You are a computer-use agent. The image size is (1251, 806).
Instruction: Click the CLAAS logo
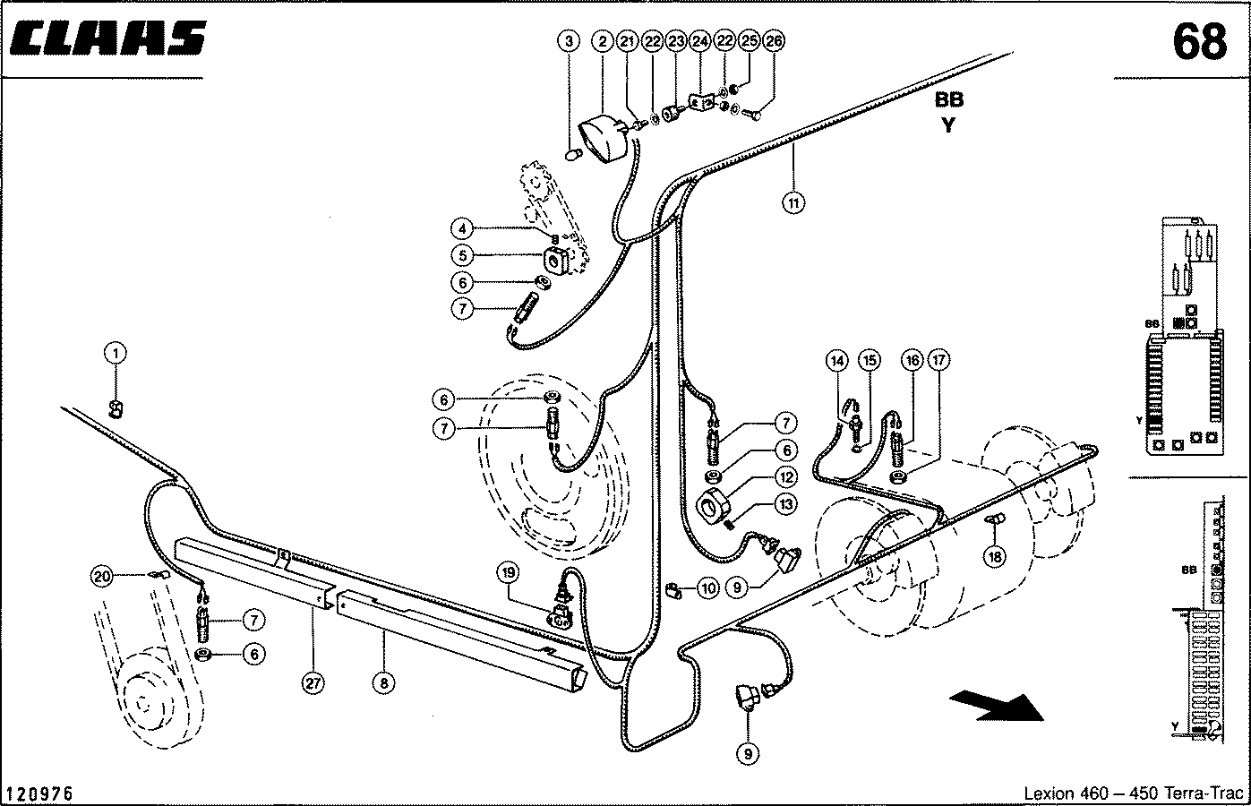tap(108, 39)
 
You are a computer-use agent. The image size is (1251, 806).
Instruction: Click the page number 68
tap(1200, 42)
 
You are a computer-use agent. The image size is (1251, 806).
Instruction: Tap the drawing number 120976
tap(39, 793)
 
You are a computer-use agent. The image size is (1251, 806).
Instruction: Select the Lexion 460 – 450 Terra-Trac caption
tap(1133, 793)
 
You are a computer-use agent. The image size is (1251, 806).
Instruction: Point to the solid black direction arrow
tap(997, 706)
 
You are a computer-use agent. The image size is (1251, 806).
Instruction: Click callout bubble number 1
tap(116, 353)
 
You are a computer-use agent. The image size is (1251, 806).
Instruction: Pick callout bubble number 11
tap(793, 202)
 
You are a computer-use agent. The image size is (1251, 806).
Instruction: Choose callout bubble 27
tap(313, 683)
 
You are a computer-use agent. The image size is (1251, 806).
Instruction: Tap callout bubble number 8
tap(383, 683)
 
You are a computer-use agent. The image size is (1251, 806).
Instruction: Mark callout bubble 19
tap(508, 572)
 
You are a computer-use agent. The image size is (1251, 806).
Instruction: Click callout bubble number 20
tap(102, 577)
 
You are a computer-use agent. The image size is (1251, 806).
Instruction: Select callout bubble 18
tap(995, 556)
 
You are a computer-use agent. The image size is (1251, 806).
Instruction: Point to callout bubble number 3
tap(569, 41)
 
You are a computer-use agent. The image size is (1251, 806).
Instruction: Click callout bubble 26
tap(774, 41)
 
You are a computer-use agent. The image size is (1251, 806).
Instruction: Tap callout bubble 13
tap(786, 504)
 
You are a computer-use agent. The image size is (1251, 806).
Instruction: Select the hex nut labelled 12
tap(713, 505)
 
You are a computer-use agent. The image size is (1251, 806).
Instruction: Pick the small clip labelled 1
tap(116, 410)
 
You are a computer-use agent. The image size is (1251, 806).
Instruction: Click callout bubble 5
tap(462, 256)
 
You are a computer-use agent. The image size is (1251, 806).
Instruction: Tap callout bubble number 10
tap(708, 588)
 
